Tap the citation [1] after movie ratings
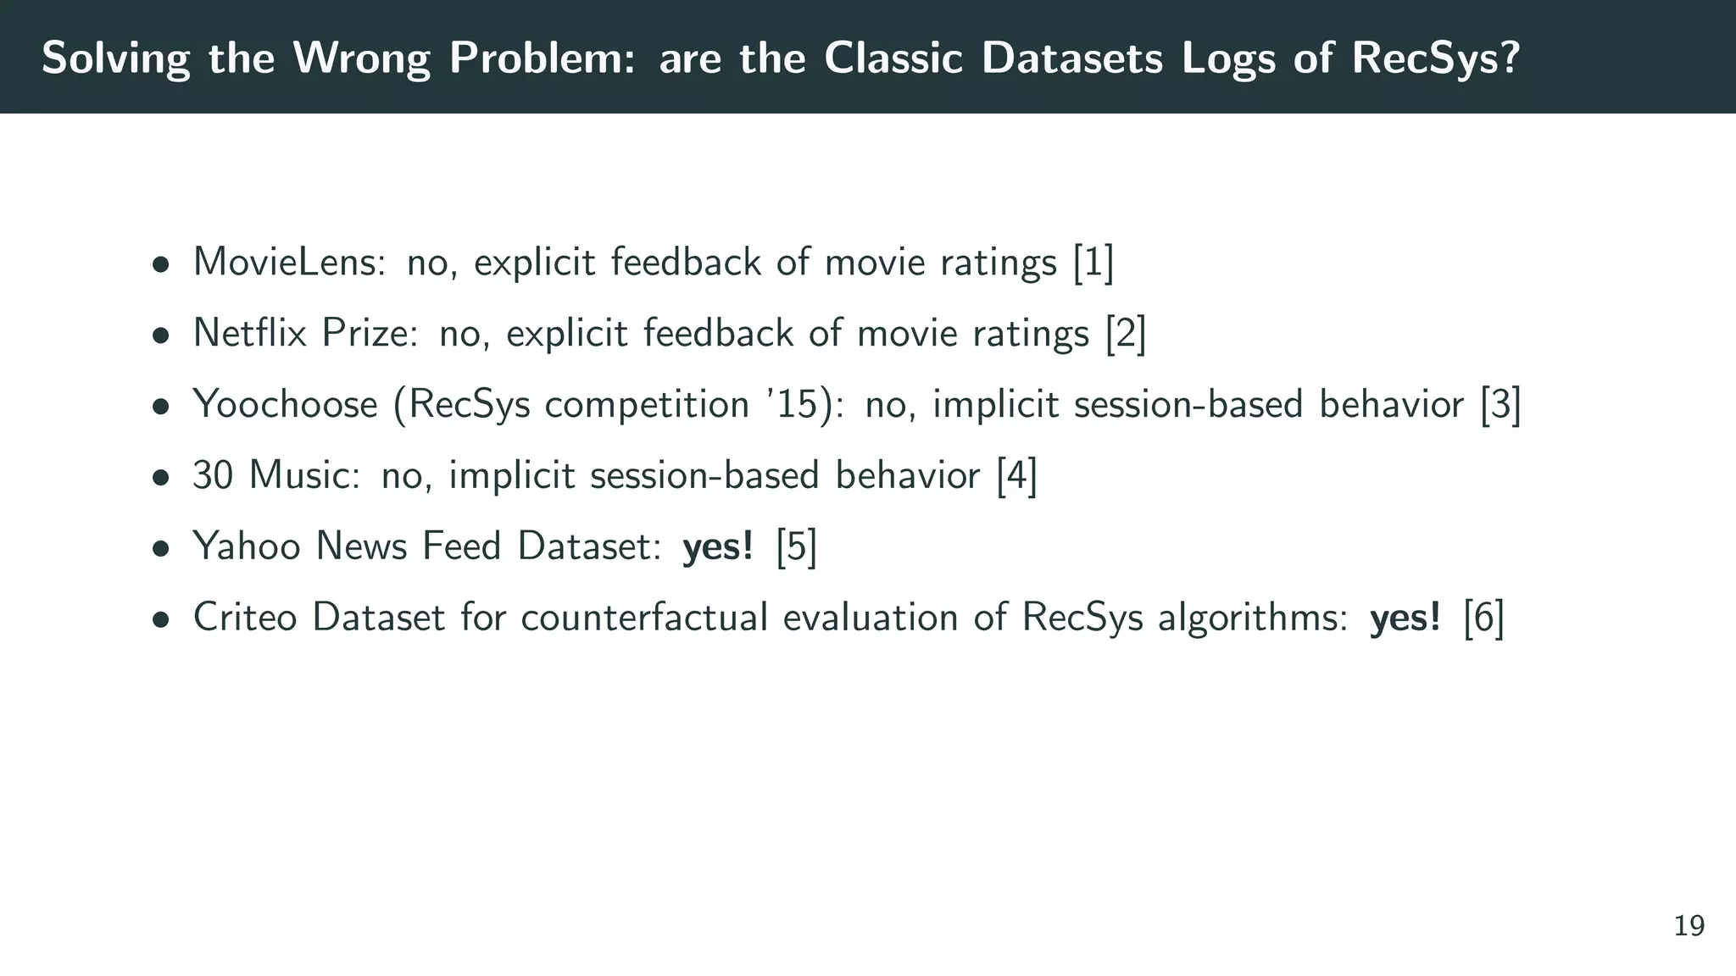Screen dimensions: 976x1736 1093,262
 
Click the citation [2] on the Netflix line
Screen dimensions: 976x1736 1125,333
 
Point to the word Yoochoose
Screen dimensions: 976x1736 285,404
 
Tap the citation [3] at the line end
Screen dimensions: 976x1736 1500,404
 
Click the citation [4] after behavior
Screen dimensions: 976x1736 1016,475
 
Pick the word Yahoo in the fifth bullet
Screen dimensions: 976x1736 247,546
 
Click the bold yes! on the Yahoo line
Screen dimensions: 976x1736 718,546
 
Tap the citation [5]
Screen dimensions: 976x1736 796,546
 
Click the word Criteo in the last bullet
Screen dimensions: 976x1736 245,618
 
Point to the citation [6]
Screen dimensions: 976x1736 1483,618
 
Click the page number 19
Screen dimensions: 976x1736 1689,926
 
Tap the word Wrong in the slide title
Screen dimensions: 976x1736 361,58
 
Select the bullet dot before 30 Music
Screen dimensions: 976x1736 160,478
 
